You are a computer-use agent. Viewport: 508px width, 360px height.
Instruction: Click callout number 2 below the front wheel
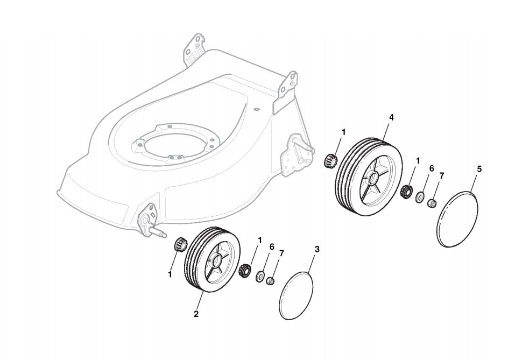point(196,314)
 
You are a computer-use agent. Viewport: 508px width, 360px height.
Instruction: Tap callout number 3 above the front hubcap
point(317,249)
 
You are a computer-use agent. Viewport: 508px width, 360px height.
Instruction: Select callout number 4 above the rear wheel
point(391,117)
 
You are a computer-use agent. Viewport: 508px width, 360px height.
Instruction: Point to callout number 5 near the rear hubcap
point(479,169)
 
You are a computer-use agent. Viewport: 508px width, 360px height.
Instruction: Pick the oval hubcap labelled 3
point(297,294)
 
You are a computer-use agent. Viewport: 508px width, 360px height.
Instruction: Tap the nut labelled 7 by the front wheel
point(271,280)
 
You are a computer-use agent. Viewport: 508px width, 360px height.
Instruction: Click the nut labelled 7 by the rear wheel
point(432,203)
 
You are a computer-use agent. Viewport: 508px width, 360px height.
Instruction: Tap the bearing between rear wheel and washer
point(407,190)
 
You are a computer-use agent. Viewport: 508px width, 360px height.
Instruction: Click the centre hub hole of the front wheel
point(217,262)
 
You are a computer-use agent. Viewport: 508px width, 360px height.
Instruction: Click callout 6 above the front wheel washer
point(272,246)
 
